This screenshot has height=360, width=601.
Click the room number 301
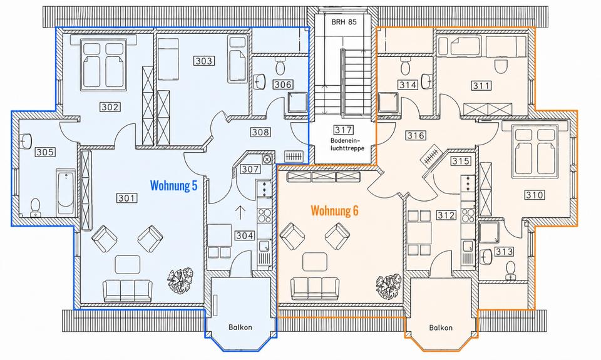click(126, 198)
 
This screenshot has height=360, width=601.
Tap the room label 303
click(203, 61)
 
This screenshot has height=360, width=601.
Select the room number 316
click(416, 135)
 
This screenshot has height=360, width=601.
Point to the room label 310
click(534, 195)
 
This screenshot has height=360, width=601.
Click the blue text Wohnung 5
click(173, 186)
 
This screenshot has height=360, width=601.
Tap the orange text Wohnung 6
click(334, 211)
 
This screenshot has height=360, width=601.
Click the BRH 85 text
click(344, 22)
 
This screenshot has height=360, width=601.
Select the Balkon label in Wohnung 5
click(240, 327)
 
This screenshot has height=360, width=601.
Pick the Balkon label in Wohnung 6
click(441, 328)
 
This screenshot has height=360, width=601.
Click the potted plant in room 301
click(180, 279)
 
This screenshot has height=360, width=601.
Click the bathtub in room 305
click(65, 192)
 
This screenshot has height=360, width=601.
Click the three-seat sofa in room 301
click(128, 291)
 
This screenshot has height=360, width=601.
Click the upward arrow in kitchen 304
click(240, 212)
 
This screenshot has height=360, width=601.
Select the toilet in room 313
click(511, 270)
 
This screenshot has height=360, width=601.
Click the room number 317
click(343, 130)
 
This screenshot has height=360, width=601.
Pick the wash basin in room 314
click(426, 81)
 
